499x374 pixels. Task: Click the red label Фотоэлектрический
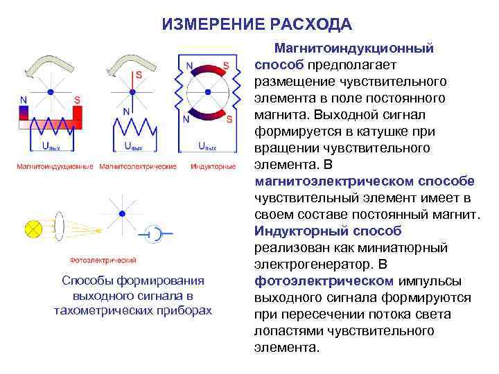click(103, 260)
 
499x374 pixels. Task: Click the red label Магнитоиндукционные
click(54, 167)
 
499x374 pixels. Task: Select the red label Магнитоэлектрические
click(138, 167)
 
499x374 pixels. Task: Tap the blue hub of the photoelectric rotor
click(122, 213)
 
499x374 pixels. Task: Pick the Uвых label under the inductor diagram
click(207, 147)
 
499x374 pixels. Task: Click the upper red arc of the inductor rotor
click(207, 70)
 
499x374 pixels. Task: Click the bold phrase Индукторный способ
click(328, 231)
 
